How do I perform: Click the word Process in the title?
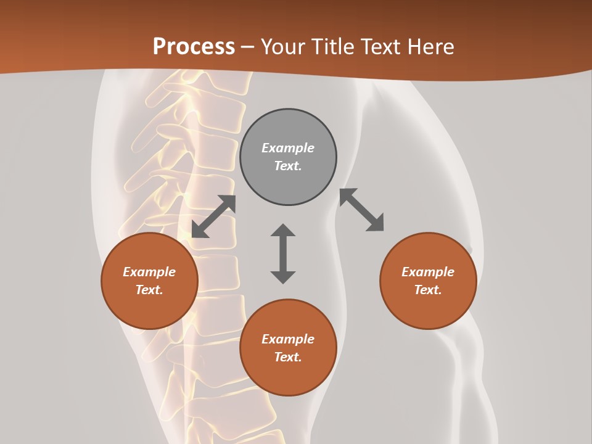point(194,47)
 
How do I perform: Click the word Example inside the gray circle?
point(288,148)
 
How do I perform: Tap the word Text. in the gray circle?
point(288,166)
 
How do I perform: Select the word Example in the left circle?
point(149,272)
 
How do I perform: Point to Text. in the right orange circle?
point(428,290)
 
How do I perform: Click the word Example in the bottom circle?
point(288,339)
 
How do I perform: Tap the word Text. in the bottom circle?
point(288,357)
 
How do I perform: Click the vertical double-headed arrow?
point(283,253)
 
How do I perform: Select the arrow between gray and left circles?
point(213,216)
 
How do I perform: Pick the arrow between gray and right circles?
point(361,210)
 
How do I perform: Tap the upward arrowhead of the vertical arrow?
point(283,231)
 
